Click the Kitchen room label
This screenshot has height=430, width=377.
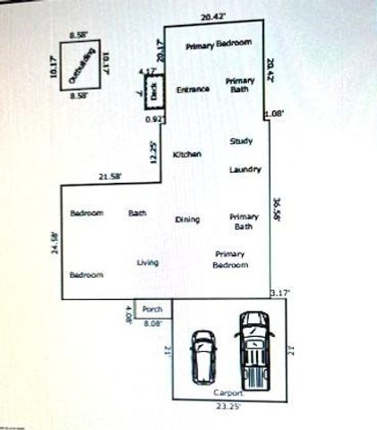click(x=187, y=154)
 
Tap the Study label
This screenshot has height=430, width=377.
click(x=241, y=142)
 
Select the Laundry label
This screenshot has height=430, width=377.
click(x=244, y=169)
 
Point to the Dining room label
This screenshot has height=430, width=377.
click(x=187, y=219)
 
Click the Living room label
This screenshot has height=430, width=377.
click(x=148, y=262)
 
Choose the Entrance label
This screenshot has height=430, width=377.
click(x=193, y=89)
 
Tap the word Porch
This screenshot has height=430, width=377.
click(x=152, y=309)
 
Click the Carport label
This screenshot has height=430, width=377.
click(x=228, y=394)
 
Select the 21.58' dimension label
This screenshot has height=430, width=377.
click(x=109, y=176)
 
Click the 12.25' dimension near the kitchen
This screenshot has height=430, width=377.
click(x=154, y=153)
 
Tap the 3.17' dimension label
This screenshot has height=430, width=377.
click(x=280, y=292)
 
